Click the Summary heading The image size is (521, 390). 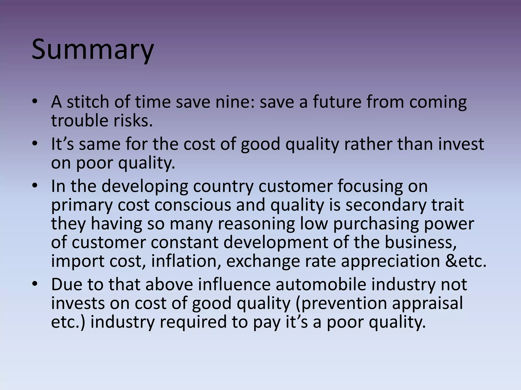(x=93, y=50)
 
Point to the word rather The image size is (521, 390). (x=368, y=144)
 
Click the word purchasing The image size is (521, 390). (x=376, y=224)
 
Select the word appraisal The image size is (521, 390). (x=428, y=303)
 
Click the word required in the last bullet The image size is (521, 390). (x=194, y=322)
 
